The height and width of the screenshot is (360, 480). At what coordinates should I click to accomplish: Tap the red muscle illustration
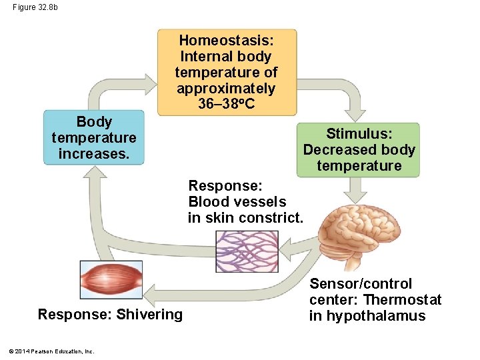(111, 279)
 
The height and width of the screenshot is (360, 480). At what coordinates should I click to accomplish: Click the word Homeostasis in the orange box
(226, 40)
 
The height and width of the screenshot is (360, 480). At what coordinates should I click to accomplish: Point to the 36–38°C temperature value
(226, 104)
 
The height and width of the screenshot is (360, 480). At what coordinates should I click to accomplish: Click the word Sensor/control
(361, 284)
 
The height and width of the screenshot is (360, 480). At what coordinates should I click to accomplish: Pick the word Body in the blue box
(94, 122)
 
